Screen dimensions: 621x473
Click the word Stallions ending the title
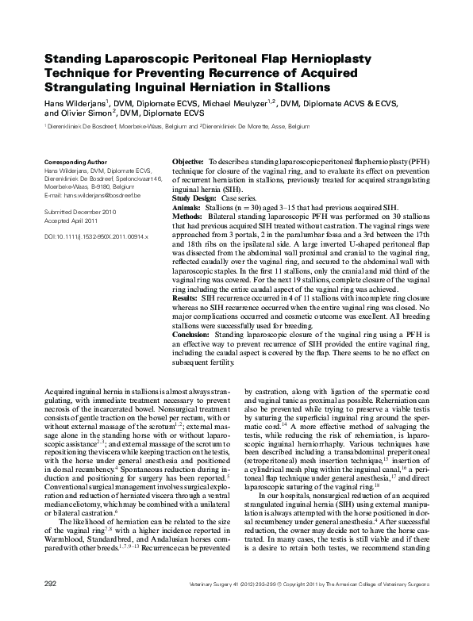301,86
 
